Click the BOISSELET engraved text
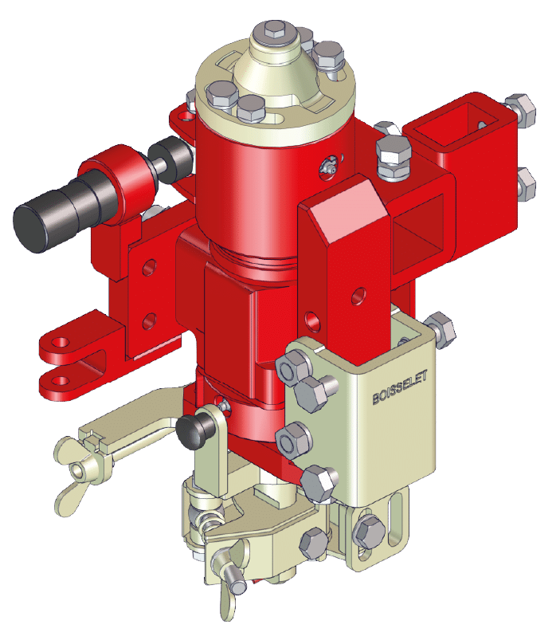400,387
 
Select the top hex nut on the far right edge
521,110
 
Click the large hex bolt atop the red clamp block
394,158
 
